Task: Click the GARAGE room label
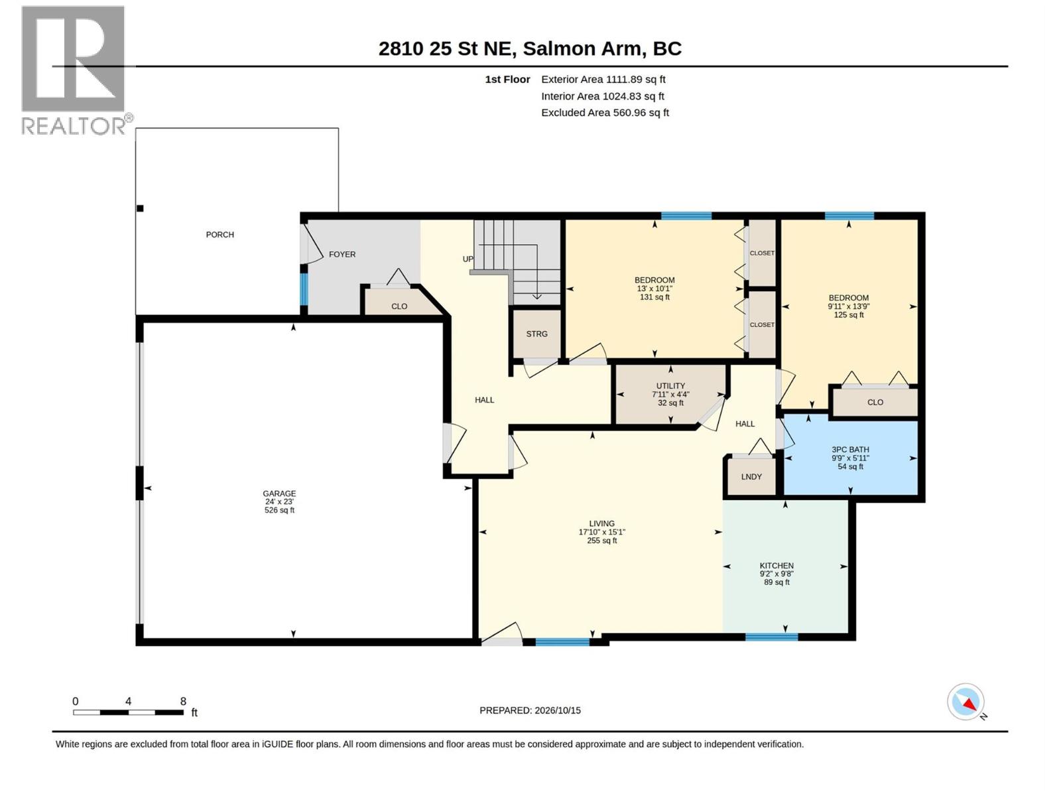click(x=279, y=494)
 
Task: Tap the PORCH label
click(x=220, y=235)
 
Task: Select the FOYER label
click(x=342, y=254)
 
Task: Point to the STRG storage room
click(x=536, y=334)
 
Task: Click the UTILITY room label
click(x=670, y=385)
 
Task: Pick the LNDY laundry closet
click(x=751, y=476)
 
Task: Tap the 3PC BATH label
click(x=849, y=450)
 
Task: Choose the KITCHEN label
click(x=777, y=565)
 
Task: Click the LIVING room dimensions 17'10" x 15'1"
click(x=602, y=532)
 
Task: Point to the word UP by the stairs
click(x=468, y=259)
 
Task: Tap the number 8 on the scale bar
click(x=183, y=701)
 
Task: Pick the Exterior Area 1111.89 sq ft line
click(x=603, y=80)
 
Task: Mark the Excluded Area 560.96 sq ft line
click(x=605, y=113)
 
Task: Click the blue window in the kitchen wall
click(x=771, y=637)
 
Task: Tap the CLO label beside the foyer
click(x=399, y=306)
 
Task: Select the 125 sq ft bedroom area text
click(x=849, y=314)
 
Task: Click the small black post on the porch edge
click(x=140, y=208)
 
